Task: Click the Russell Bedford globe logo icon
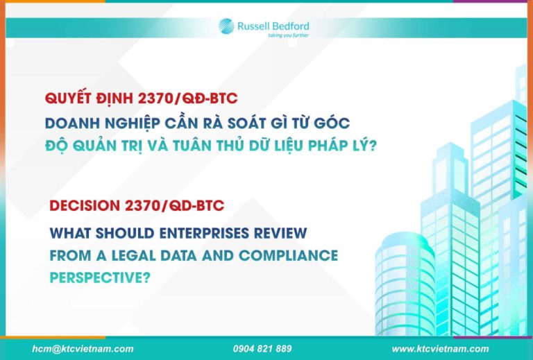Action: (226, 26)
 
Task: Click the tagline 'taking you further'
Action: (288, 35)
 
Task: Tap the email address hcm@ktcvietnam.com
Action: (83, 349)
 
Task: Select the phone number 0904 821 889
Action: (262, 349)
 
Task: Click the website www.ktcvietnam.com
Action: (440, 349)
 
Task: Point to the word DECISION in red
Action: (85, 206)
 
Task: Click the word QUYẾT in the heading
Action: (68, 98)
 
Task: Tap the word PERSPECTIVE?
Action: (100, 278)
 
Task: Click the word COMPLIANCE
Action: (288, 256)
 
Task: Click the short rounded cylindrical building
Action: (405, 284)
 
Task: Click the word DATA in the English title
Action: (178, 256)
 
